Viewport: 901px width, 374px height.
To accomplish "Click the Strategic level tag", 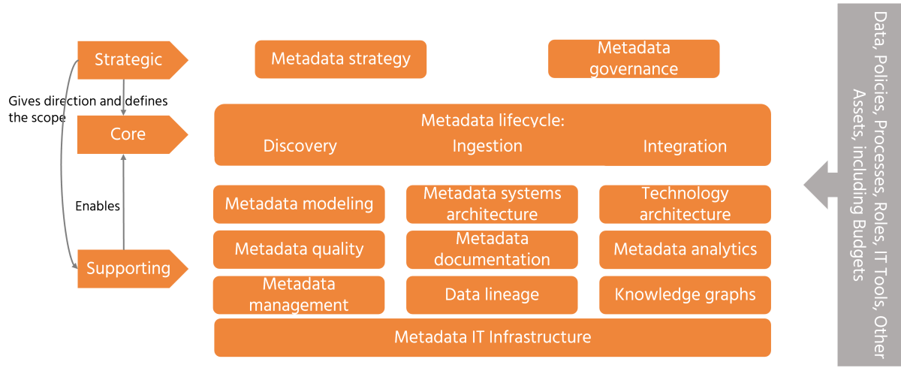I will click(128, 59).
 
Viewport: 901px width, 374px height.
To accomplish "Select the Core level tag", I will click(128, 134).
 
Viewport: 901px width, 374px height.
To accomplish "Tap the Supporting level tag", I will click(128, 268).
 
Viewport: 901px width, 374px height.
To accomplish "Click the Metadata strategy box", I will click(341, 59).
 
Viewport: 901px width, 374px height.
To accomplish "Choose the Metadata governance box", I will click(634, 59).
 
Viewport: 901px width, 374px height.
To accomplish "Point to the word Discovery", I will click(300, 146).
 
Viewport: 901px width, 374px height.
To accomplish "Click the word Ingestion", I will click(487, 146).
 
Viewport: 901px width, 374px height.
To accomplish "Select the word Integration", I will click(685, 146).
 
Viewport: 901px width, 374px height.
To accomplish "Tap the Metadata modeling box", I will click(299, 204).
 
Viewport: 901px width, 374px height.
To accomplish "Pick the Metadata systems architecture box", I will click(492, 204).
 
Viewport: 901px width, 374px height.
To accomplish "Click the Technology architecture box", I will click(685, 204).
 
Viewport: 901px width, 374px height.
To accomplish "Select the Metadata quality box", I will click(299, 249).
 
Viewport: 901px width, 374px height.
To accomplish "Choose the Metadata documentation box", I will click(492, 249).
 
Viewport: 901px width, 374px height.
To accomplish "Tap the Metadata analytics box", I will click(685, 249).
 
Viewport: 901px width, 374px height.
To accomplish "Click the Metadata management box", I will click(299, 294).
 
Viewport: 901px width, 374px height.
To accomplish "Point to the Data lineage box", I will click(492, 294).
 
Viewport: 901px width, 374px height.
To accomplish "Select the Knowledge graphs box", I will click(685, 294).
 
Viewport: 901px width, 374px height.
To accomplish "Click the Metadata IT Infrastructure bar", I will click(493, 337).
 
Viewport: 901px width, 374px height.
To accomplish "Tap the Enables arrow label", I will click(98, 206).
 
